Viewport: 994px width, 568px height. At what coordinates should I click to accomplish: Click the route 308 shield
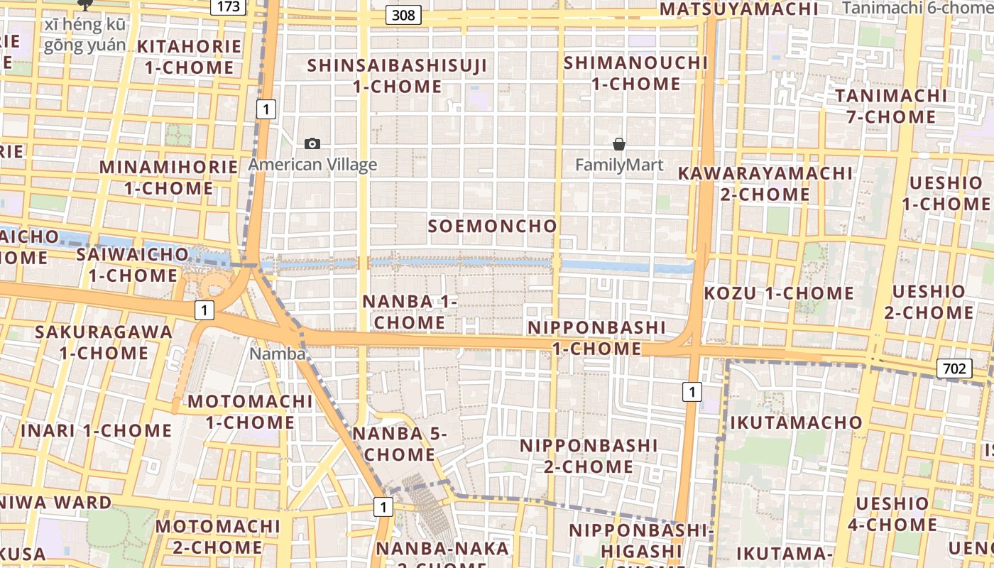[x=403, y=14]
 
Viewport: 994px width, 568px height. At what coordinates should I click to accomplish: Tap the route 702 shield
[x=955, y=368]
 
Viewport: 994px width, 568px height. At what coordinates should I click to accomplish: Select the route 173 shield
[x=229, y=6]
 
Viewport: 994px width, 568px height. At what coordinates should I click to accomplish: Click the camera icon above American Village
[x=312, y=144]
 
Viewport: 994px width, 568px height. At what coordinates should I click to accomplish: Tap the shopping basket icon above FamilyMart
[x=619, y=145]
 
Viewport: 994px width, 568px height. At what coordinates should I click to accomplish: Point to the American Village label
[x=312, y=165]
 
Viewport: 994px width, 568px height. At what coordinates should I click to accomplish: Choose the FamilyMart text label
[x=619, y=165]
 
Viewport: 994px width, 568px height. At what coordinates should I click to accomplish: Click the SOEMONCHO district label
[x=493, y=226]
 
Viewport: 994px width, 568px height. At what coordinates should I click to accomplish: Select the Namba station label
[x=278, y=353]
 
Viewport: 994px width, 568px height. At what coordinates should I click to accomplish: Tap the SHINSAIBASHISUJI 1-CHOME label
[x=398, y=76]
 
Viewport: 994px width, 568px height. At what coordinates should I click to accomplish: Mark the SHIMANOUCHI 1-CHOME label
[x=635, y=73]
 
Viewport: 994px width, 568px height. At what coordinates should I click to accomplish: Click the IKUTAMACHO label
[x=797, y=422]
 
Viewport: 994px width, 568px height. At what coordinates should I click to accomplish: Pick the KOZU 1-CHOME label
[x=779, y=293]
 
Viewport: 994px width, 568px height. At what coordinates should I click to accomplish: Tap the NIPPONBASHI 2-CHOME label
[x=589, y=456]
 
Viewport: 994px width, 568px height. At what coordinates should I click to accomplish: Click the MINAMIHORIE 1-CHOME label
[x=168, y=177]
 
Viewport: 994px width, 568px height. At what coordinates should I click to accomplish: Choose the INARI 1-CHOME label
[x=96, y=430]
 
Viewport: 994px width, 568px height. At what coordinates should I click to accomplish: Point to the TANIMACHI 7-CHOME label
[x=891, y=106]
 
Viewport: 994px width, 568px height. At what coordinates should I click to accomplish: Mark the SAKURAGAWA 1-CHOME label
[x=104, y=342]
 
